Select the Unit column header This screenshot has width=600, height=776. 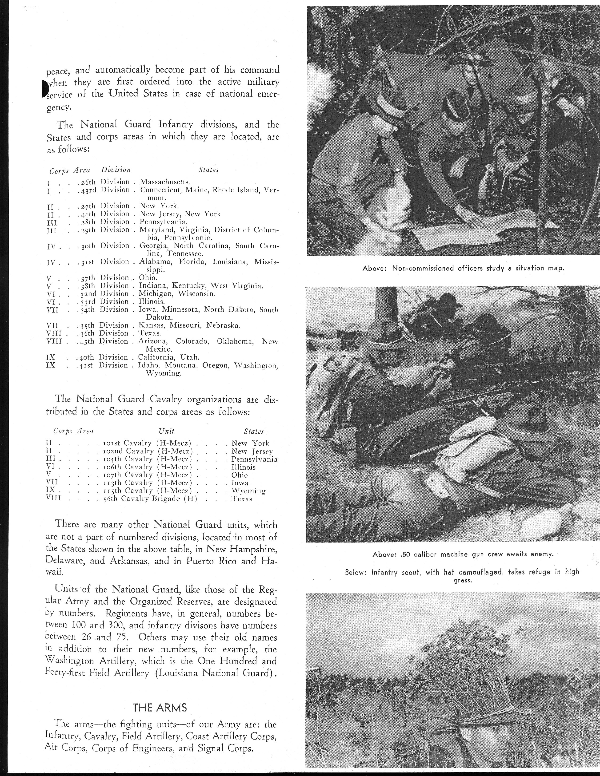tap(166, 431)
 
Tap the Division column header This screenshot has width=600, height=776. tap(116, 170)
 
